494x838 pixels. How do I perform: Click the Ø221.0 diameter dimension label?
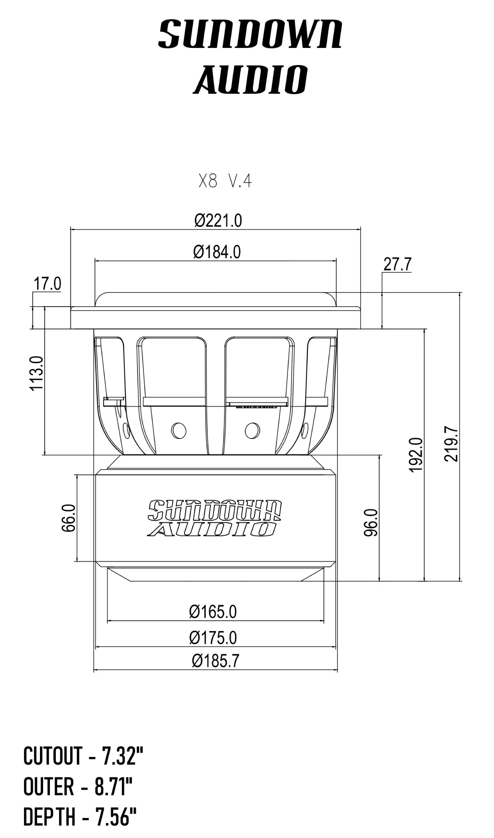218,221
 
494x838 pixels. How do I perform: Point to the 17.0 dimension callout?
47,284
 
